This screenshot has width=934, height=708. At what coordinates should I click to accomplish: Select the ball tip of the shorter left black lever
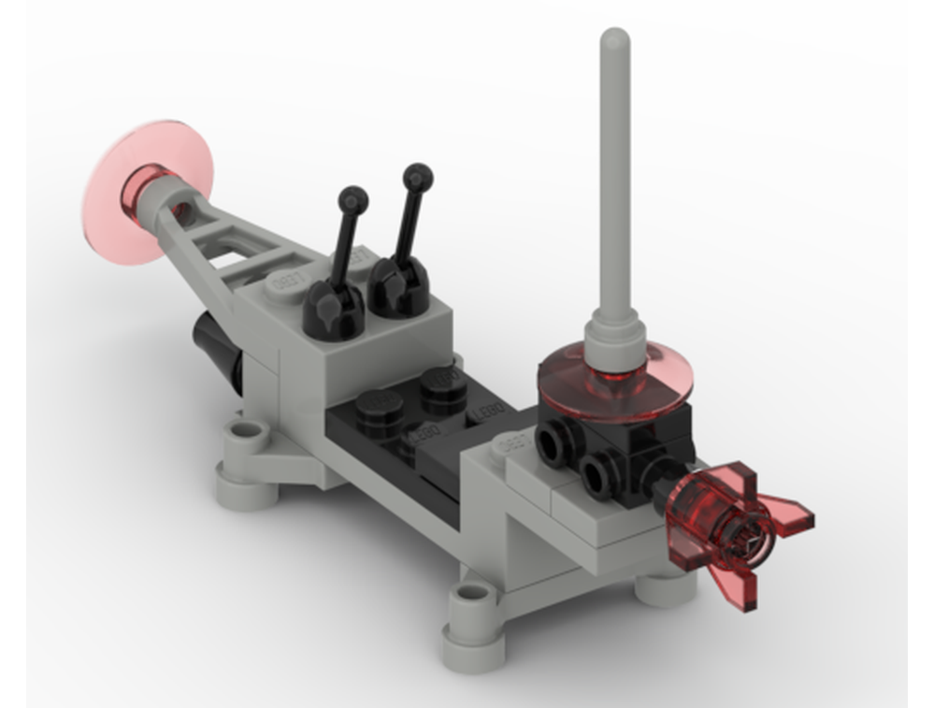click(353, 198)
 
